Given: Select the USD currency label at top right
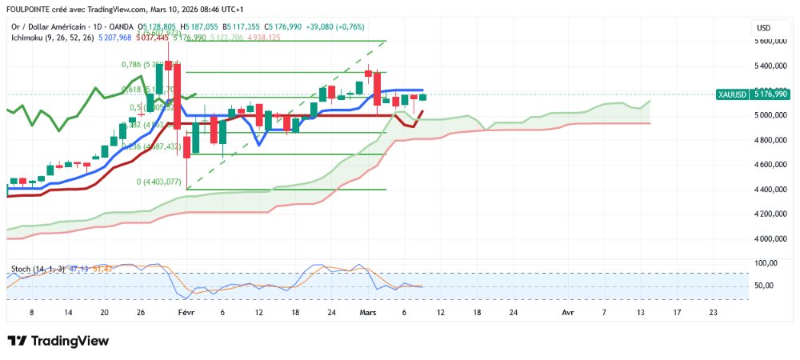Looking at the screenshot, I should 763,28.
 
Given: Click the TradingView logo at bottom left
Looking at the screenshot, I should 58,341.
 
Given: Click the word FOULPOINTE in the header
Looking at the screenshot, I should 31,9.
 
